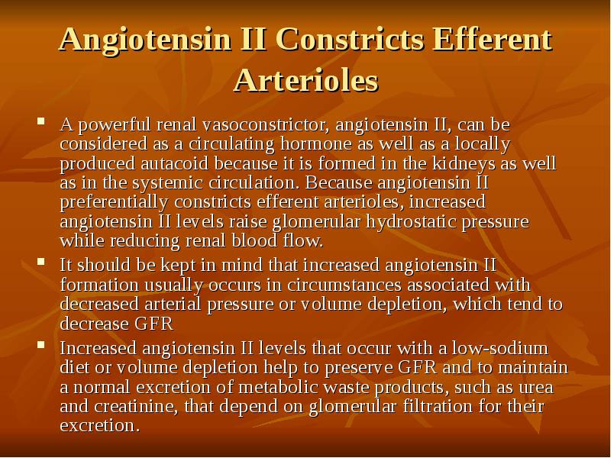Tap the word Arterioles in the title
coord(305,80)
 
